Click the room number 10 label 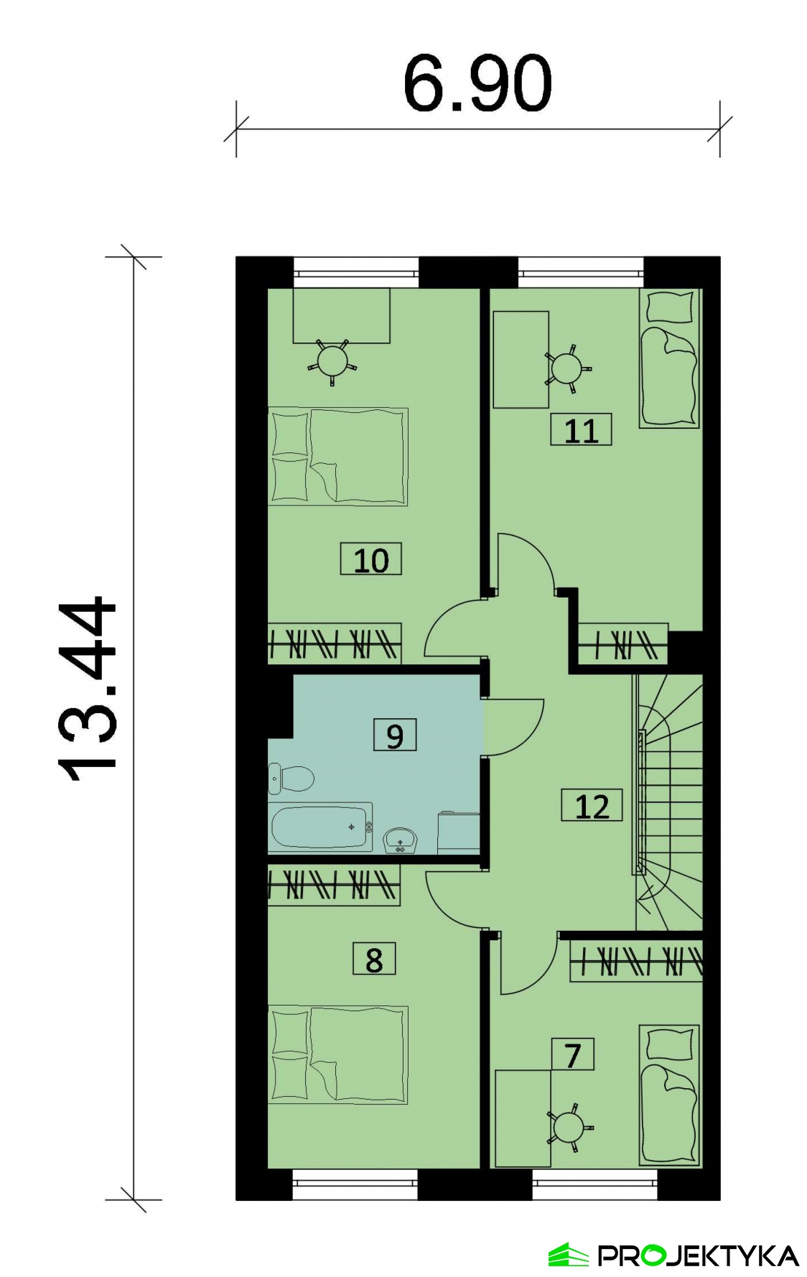point(370,559)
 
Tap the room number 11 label point(581,430)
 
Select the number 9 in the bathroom point(395,735)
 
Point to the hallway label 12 point(592,806)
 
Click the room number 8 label point(374,960)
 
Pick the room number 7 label point(572,1055)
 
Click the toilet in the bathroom point(291,779)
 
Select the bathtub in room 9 point(320,827)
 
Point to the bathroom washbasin point(400,840)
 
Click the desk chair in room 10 point(332,361)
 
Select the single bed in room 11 point(669,358)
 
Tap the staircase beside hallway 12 point(668,803)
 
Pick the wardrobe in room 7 point(636,961)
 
